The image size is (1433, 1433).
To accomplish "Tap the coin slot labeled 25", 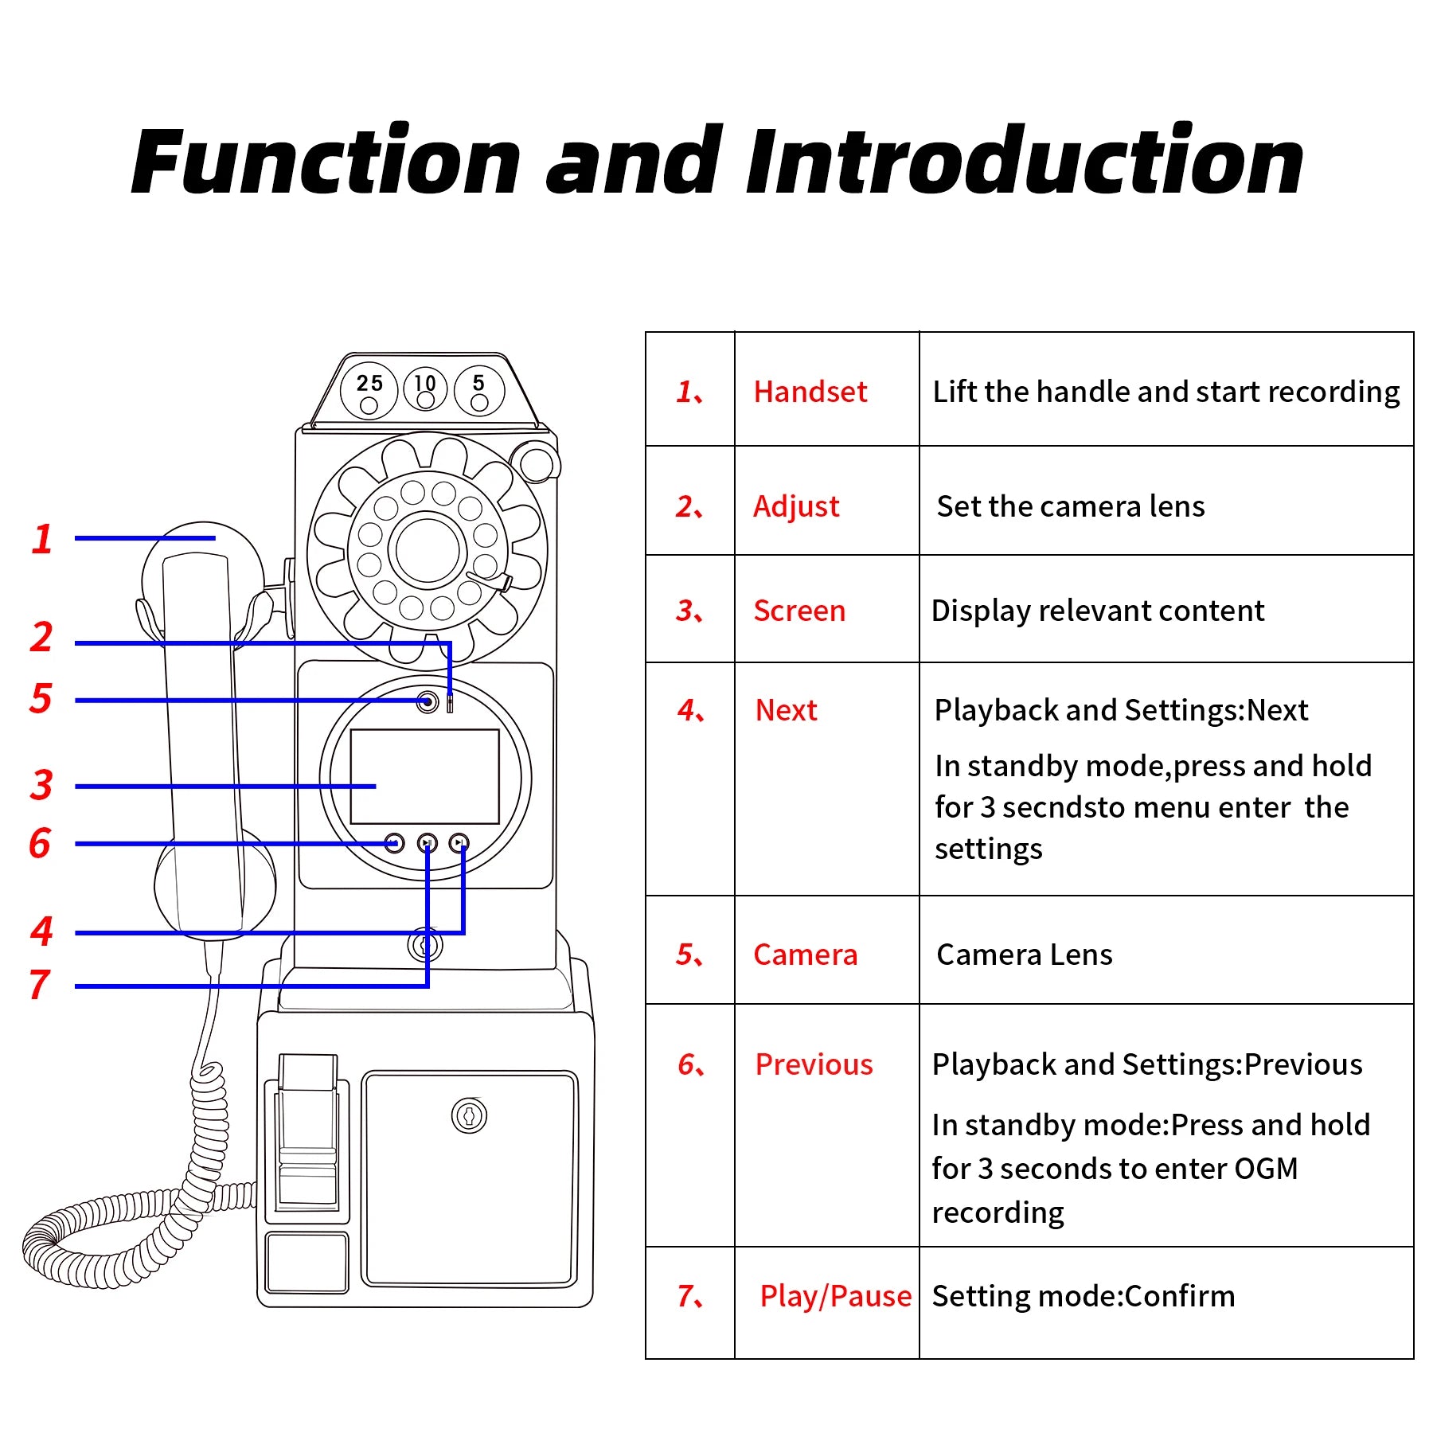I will point(369,391).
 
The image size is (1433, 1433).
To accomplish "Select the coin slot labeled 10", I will point(426,390).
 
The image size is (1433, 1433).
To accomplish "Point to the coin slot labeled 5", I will point(478,391).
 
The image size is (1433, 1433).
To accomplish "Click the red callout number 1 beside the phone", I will point(42,539).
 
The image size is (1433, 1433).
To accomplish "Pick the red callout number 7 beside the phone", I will point(40,985).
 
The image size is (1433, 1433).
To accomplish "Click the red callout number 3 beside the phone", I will point(41,785).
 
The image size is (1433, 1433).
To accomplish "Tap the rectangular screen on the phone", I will point(424,776).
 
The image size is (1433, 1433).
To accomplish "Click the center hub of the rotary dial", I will point(428,550).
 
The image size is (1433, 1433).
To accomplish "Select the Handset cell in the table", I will point(810,392).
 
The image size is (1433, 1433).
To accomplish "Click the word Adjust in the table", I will point(796,506).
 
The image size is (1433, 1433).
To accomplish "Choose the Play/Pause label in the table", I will point(835,1296).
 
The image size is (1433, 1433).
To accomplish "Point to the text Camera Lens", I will point(1024,955).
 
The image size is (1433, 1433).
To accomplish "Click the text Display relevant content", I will point(1097,611).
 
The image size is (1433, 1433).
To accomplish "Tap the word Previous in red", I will point(814,1064).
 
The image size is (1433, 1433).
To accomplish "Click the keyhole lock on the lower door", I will point(469,1115).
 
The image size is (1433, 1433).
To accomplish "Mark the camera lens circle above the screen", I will point(428,702).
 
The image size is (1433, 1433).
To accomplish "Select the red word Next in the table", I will point(786,710).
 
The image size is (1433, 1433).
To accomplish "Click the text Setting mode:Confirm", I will point(1083,1296).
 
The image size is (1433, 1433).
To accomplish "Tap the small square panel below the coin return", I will point(307,1263).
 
